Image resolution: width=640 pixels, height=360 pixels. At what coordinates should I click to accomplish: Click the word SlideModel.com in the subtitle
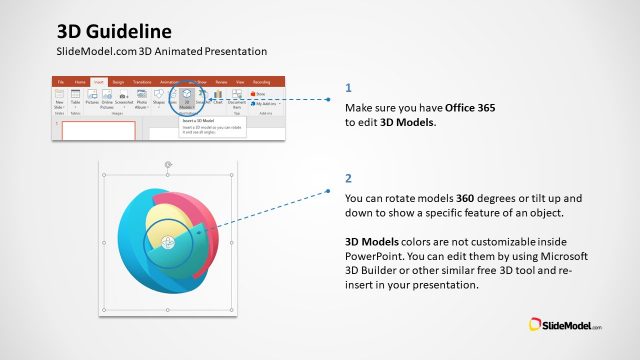[x=98, y=51]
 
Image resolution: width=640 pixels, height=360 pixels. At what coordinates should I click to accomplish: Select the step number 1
[x=348, y=87]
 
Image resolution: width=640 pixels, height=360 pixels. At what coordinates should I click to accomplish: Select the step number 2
[x=348, y=179]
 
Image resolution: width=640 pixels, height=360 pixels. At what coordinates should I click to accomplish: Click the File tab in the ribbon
[x=60, y=82]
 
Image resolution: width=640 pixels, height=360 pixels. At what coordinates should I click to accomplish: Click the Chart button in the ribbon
[x=217, y=101]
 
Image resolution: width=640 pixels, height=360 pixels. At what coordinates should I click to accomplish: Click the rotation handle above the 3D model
[x=168, y=164]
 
